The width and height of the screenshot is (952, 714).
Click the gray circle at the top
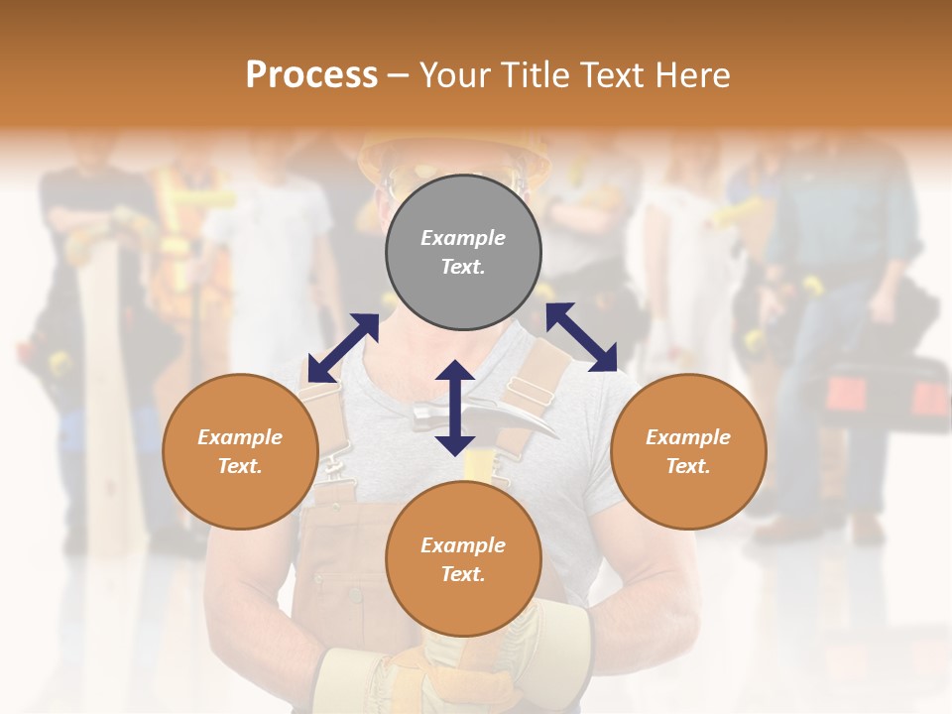[x=463, y=252]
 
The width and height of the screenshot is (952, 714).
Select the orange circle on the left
[x=240, y=451]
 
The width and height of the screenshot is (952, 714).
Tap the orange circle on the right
[x=688, y=451]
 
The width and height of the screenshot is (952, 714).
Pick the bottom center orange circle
[x=463, y=559]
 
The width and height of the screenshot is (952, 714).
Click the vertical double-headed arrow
[x=455, y=408]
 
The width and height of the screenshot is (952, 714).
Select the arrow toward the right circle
[x=581, y=337]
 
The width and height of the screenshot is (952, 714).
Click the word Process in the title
[x=311, y=74]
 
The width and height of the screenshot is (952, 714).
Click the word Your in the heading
[x=455, y=74]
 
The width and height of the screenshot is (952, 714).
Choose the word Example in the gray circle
[x=463, y=238]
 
